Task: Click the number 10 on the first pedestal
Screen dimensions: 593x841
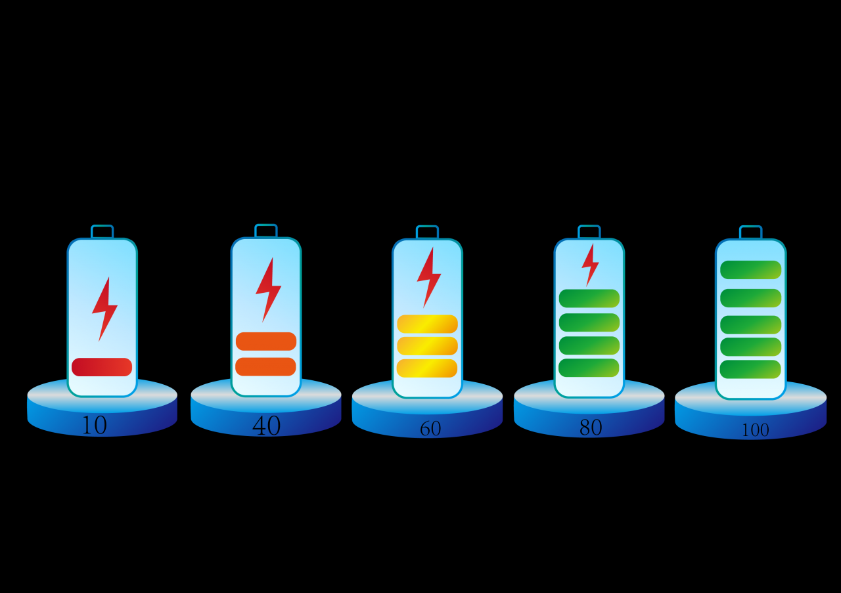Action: (94, 426)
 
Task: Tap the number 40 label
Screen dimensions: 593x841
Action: (266, 426)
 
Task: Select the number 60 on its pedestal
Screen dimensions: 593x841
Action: (430, 429)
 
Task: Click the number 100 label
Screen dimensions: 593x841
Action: (754, 430)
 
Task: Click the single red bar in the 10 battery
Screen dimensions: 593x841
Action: (102, 367)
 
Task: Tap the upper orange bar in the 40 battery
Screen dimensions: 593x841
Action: (266, 341)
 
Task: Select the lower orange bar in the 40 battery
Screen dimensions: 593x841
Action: (266, 366)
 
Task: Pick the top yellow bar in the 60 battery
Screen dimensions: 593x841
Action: (427, 324)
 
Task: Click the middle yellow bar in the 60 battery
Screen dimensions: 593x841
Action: (427, 346)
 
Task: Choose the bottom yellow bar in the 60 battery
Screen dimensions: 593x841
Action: (427, 368)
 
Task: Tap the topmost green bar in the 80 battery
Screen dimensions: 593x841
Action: (589, 298)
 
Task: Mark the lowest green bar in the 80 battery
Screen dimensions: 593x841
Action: (589, 368)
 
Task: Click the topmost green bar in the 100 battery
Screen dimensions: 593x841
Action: (751, 270)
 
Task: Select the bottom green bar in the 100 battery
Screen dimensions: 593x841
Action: (750, 369)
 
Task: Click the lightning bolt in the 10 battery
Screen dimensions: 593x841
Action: (104, 309)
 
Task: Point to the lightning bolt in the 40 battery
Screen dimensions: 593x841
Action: (267, 289)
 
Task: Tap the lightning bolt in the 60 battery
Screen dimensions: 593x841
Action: (428, 277)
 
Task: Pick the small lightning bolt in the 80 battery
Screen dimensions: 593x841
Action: (590, 264)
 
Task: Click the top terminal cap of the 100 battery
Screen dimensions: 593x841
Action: (750, 232)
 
